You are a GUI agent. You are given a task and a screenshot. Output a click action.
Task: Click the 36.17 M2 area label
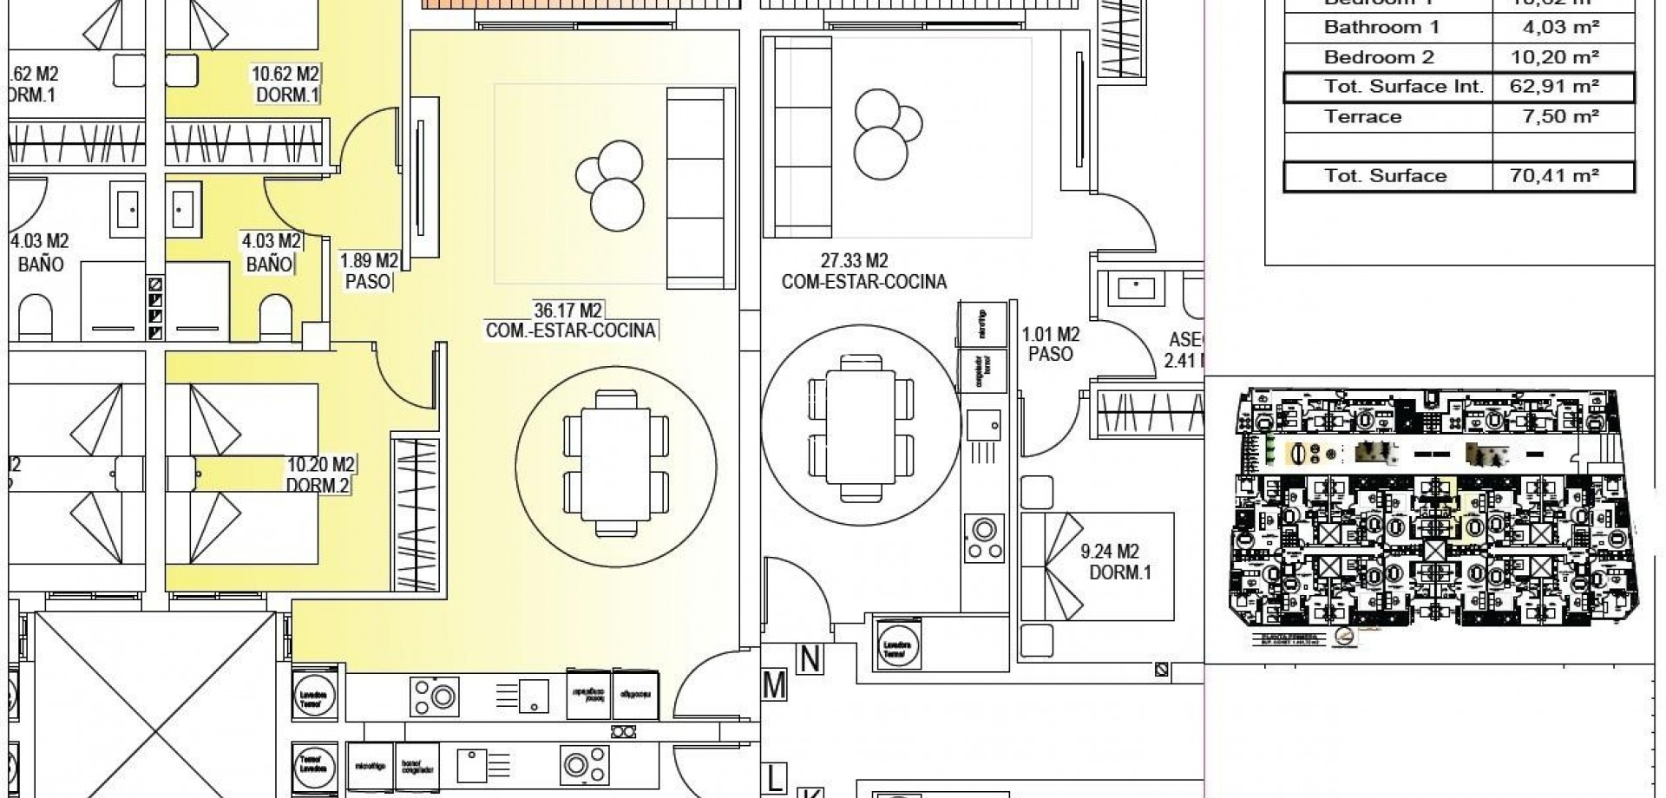click(568, 310)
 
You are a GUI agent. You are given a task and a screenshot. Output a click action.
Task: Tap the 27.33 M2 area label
click(855, 260)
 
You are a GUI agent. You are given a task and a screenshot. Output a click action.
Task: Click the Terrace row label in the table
click(1362, 117)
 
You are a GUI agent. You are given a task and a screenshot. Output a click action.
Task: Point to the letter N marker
click(809, 660)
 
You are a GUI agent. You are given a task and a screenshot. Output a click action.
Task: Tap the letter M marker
click(774, 686)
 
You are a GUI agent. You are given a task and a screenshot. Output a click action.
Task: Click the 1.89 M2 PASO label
click(369, 271)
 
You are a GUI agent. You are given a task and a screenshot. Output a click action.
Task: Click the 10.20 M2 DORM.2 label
click(319, 475)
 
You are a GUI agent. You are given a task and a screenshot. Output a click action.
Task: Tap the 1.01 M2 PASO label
click(1050, 344)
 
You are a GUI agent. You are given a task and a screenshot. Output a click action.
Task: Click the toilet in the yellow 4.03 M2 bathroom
click(277, 316)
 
